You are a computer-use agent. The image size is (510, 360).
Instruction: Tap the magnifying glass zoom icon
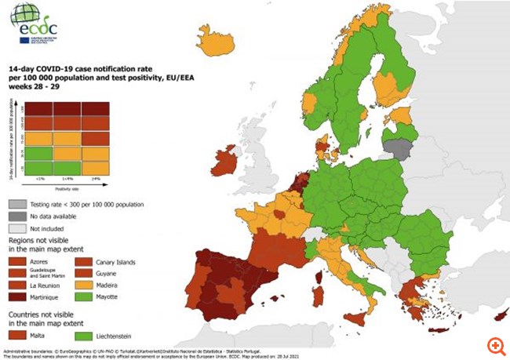click(494, 345)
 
